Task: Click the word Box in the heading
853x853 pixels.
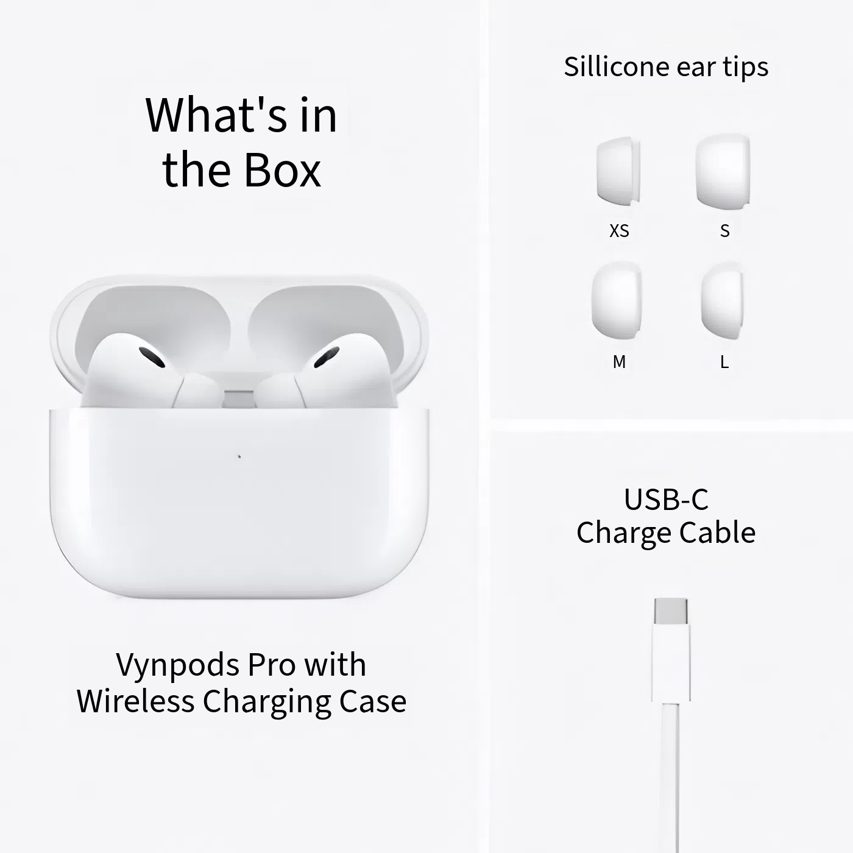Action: tap(282, 170)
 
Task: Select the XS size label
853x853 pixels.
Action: tap(619, 231)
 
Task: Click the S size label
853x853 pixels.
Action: tap(724, 231)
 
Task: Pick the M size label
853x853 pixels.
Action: tap(619, 362)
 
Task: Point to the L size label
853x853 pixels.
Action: tap(724, 362)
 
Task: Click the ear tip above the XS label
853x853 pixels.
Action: tap(618, 171)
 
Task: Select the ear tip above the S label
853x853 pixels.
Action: tap(723, 171)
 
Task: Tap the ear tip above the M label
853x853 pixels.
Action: tap(617, 300)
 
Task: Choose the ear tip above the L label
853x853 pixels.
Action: tap(722, 300)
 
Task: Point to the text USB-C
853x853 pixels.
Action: tap(666, 500)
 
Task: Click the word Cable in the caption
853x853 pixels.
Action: tap(717, 533)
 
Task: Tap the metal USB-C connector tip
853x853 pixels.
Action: tap(671, 612)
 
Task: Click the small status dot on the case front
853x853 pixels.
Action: tap(239, 456)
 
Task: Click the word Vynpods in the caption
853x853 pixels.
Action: tap(179, 665)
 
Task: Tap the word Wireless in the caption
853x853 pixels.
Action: tap(135, 701)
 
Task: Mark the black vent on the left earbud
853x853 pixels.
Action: tap(152, 357)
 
